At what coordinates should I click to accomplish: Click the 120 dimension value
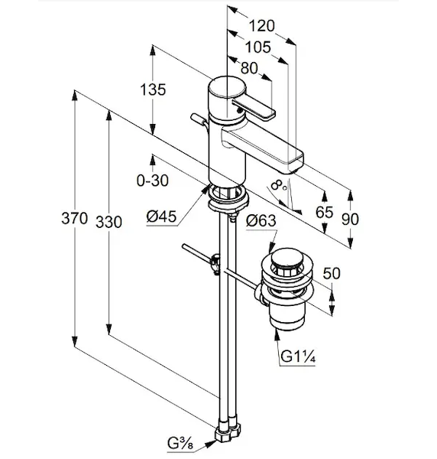pos(261,26)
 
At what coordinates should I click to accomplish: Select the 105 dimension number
pos(257,47)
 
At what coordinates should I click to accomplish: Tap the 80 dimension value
pos(249,68)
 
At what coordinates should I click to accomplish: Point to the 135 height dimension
pos(153,90)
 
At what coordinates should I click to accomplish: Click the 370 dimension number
pos(74,218)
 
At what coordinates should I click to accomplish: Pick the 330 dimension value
pos(108,222)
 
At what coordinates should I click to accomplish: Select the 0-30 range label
pos(153,181)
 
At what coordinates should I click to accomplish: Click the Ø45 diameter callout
pos(162,217)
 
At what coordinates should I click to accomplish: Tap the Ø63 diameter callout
pos(261,220)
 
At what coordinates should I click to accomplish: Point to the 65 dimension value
pos(324,212)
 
